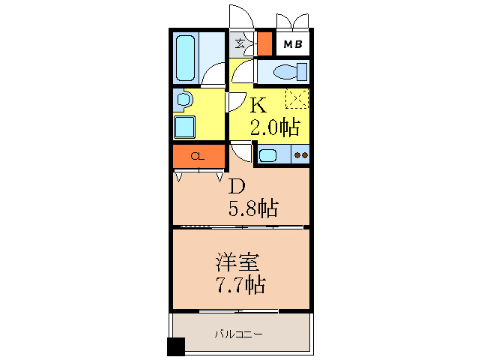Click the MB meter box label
tap(293, 44)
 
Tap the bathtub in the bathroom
tap(185, 58)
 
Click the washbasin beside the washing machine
tap(184, 100)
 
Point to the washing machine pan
tap(184, 127)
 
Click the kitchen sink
tap(267, 155)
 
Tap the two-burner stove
tap(301, 155)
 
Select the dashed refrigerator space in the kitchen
tap(297, 98)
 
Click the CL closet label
tap(198, 157)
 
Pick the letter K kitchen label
tap(258, 105)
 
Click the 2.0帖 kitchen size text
tap(275, 127)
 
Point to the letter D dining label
tap(237, 187)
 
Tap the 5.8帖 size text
tap(253, 208)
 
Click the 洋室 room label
tap(238, 262)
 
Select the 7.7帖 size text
tap(240, 285)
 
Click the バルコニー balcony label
tap(239, 334)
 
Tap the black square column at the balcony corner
tap(176, 346)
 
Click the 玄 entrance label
tap(240, 44)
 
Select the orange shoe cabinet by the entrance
tap(264, 43)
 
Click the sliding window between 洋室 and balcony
tap(239, 311)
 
